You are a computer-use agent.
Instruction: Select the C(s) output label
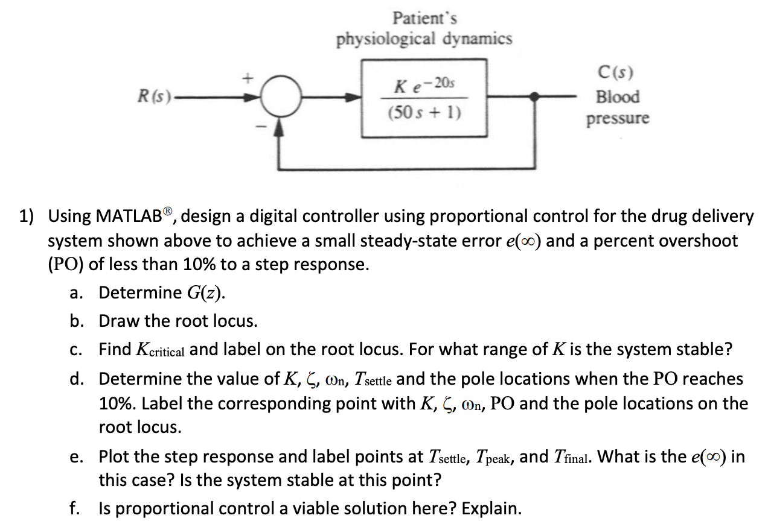615,74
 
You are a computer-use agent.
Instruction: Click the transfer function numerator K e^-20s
423,85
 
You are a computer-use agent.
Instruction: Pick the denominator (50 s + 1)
423,113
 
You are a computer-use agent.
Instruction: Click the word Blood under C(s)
617,96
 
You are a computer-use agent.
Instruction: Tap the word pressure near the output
617,118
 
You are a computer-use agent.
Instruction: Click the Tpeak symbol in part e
493,457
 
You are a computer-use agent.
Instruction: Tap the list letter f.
73,508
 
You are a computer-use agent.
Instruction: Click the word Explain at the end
490,508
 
